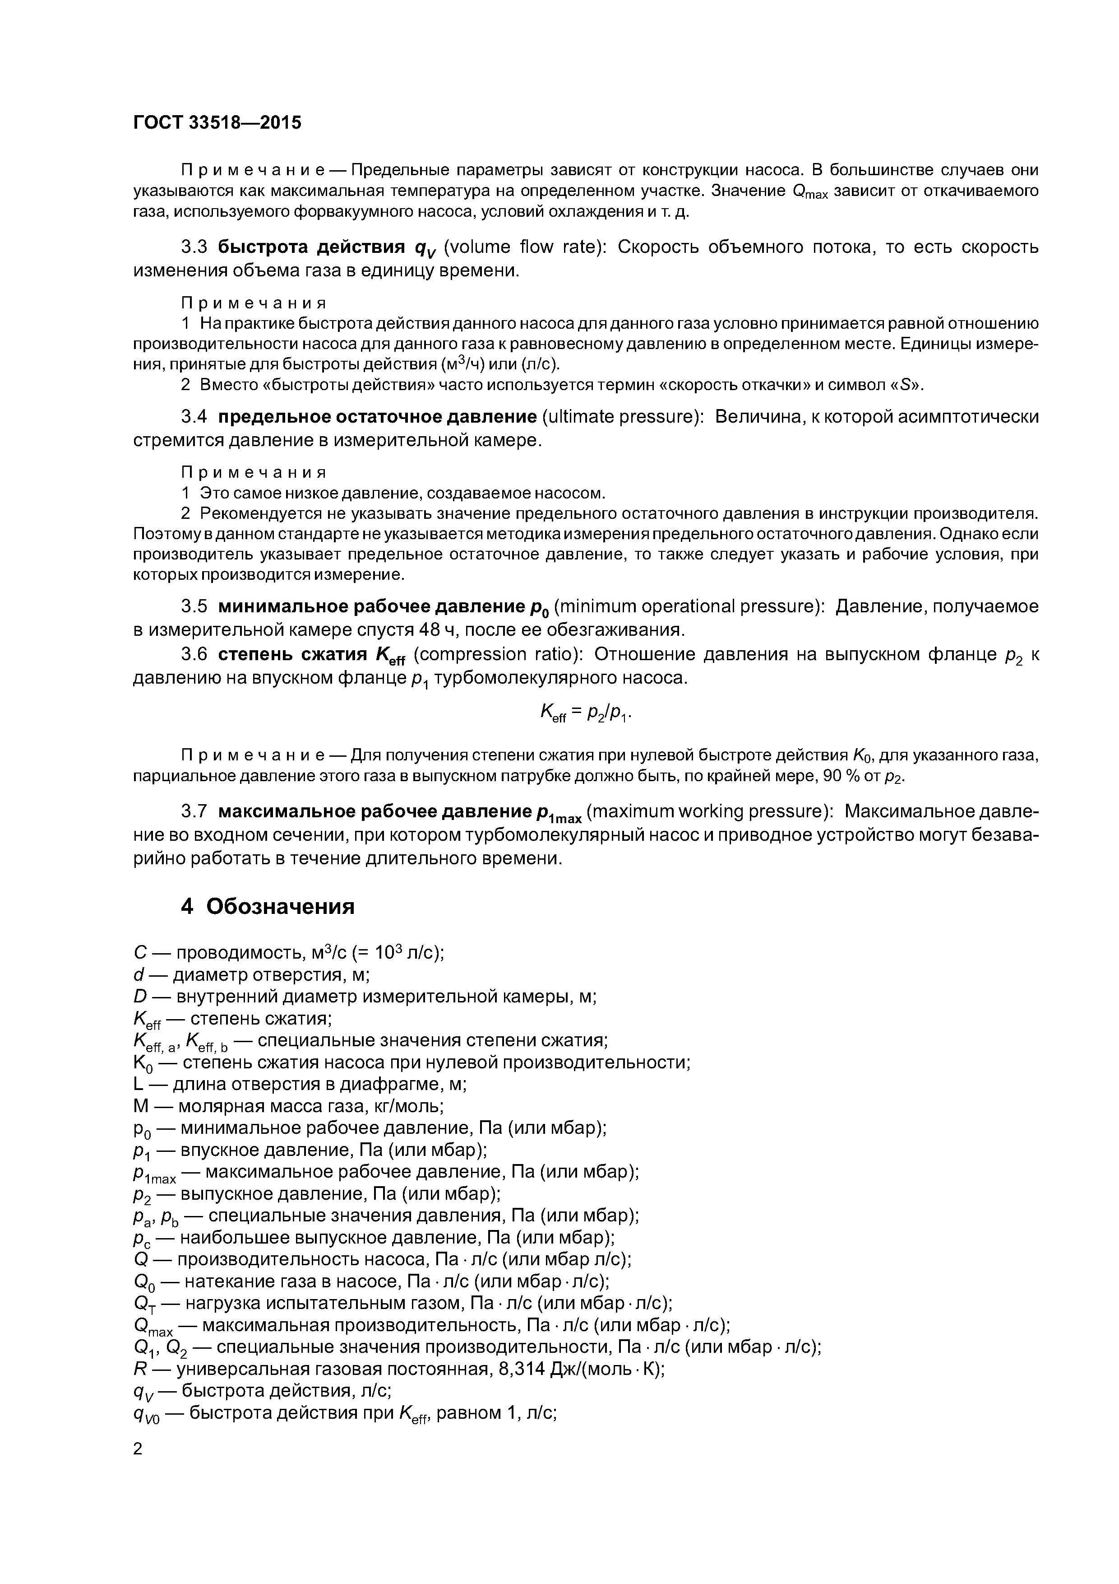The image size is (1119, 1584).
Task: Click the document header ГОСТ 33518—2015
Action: pos(217,123)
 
